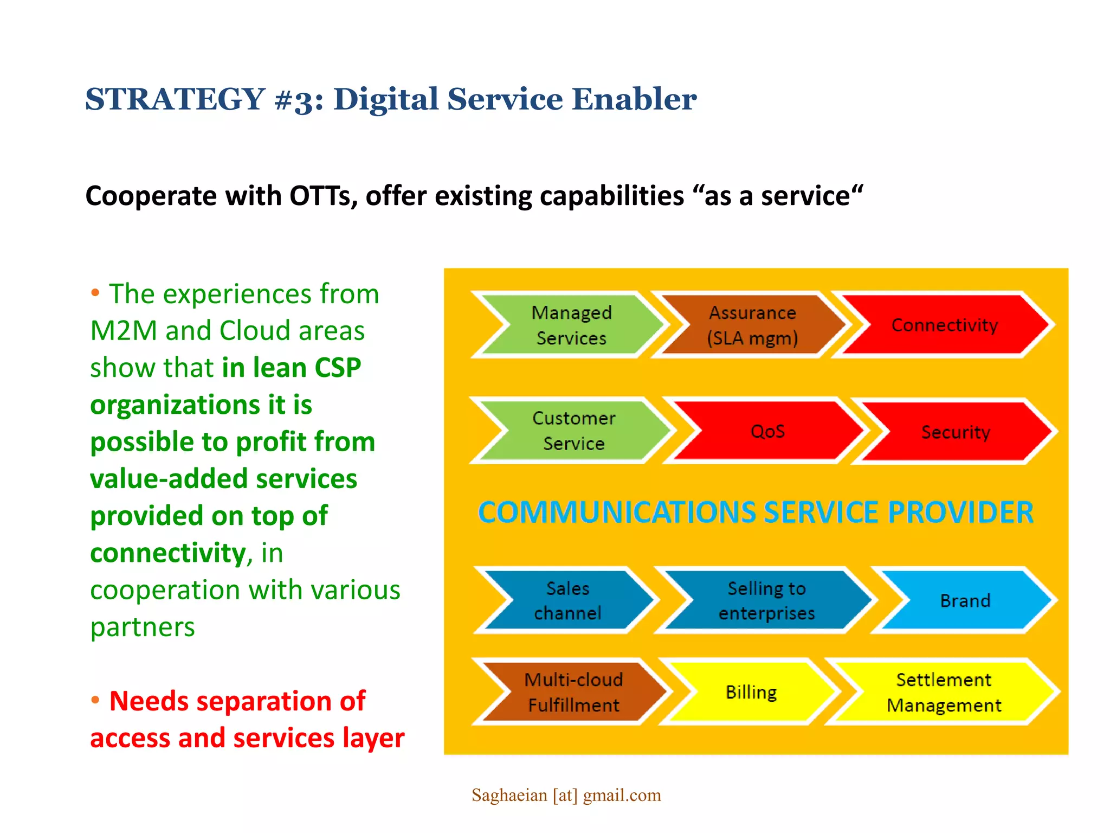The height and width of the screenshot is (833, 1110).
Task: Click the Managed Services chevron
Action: click(572, 325)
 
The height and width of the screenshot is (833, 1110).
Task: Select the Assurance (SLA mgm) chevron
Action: click(752, 325)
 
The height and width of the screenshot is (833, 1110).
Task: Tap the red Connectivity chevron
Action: click(944, 325)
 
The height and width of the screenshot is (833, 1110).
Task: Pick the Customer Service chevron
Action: click(573, 431)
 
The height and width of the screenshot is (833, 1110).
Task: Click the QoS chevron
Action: click(767, 431)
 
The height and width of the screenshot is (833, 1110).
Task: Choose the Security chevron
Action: click(956, 432)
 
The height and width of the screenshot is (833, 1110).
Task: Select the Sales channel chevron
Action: click(567, 600)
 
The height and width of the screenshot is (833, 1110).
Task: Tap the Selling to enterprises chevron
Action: click(766, 600)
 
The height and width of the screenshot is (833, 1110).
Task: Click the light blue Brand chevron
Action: click(965, 600)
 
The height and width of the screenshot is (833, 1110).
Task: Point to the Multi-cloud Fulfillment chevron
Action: click(573, 692)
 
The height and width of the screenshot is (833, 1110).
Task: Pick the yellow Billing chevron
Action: click(751, 692)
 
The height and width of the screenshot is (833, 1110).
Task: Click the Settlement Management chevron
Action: click(944, 692)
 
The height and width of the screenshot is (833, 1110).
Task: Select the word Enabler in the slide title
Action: click(634, 99)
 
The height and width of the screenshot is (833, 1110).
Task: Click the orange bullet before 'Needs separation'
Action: click(95, 700)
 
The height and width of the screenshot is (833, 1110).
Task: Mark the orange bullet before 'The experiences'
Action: click(95, 293)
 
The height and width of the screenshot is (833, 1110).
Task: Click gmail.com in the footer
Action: click(622, 795)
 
